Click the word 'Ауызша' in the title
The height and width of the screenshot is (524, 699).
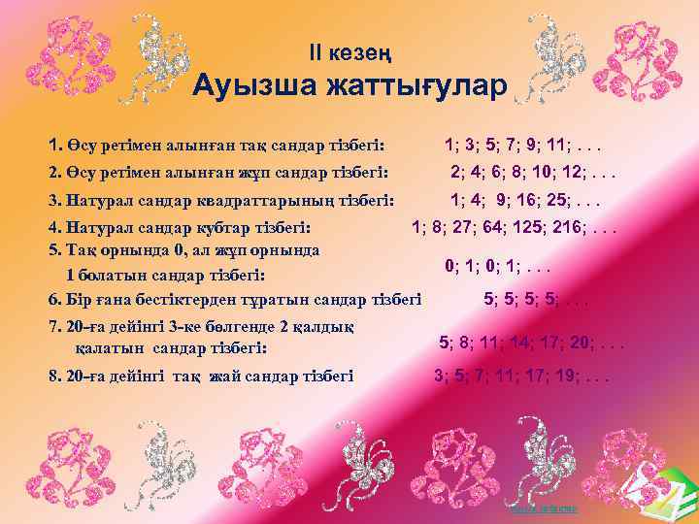tap(255, 87)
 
